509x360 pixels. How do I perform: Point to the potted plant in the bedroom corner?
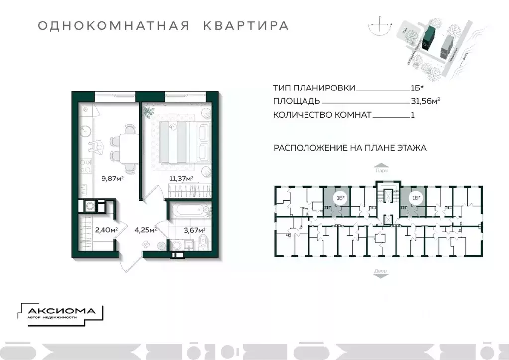(148, 111)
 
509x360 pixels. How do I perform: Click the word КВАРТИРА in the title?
(246, 26)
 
